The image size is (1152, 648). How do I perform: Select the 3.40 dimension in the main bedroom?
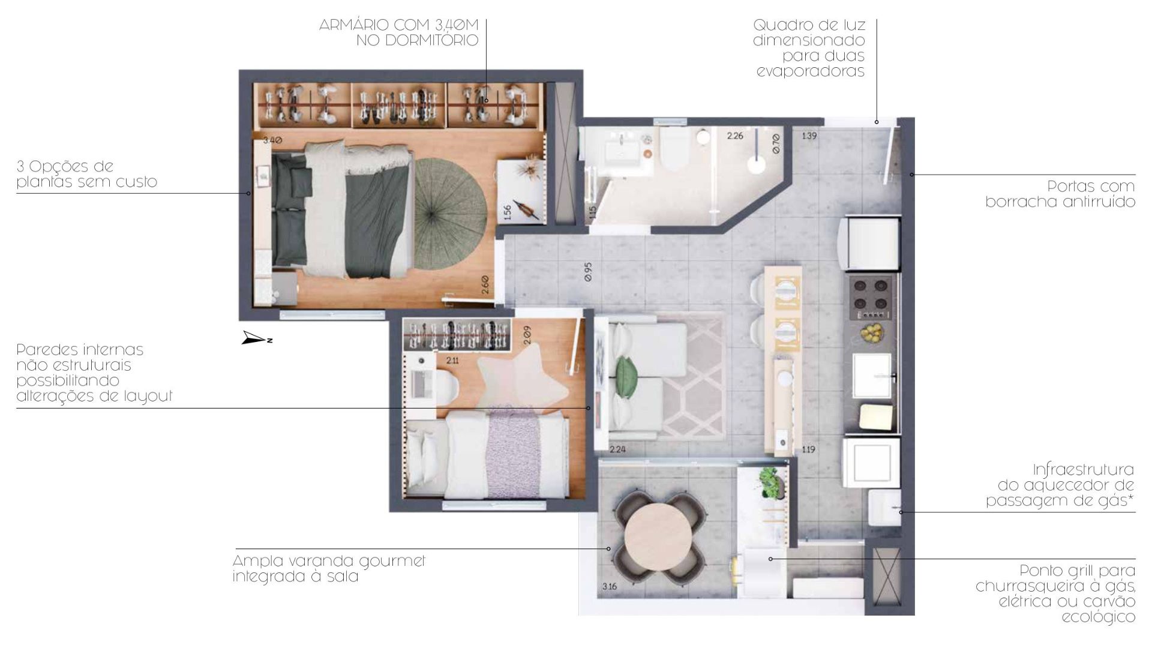pyautogui.click(x=272, y=140)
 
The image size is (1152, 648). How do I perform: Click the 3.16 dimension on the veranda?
pyautogui.click(x=610, y=586)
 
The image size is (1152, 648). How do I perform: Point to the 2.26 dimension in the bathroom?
pyautogui.click(x=735, y=136)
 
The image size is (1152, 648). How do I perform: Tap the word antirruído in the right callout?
pyautogui.click(x=1099, y=202)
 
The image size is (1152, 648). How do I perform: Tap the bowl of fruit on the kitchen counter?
pyautogui.click(x=871, y=332)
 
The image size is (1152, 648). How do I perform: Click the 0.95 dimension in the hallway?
pyautogui.click(x=588, y=272)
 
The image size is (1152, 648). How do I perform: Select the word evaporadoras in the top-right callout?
pyautogui.click(x=810, y=72)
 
